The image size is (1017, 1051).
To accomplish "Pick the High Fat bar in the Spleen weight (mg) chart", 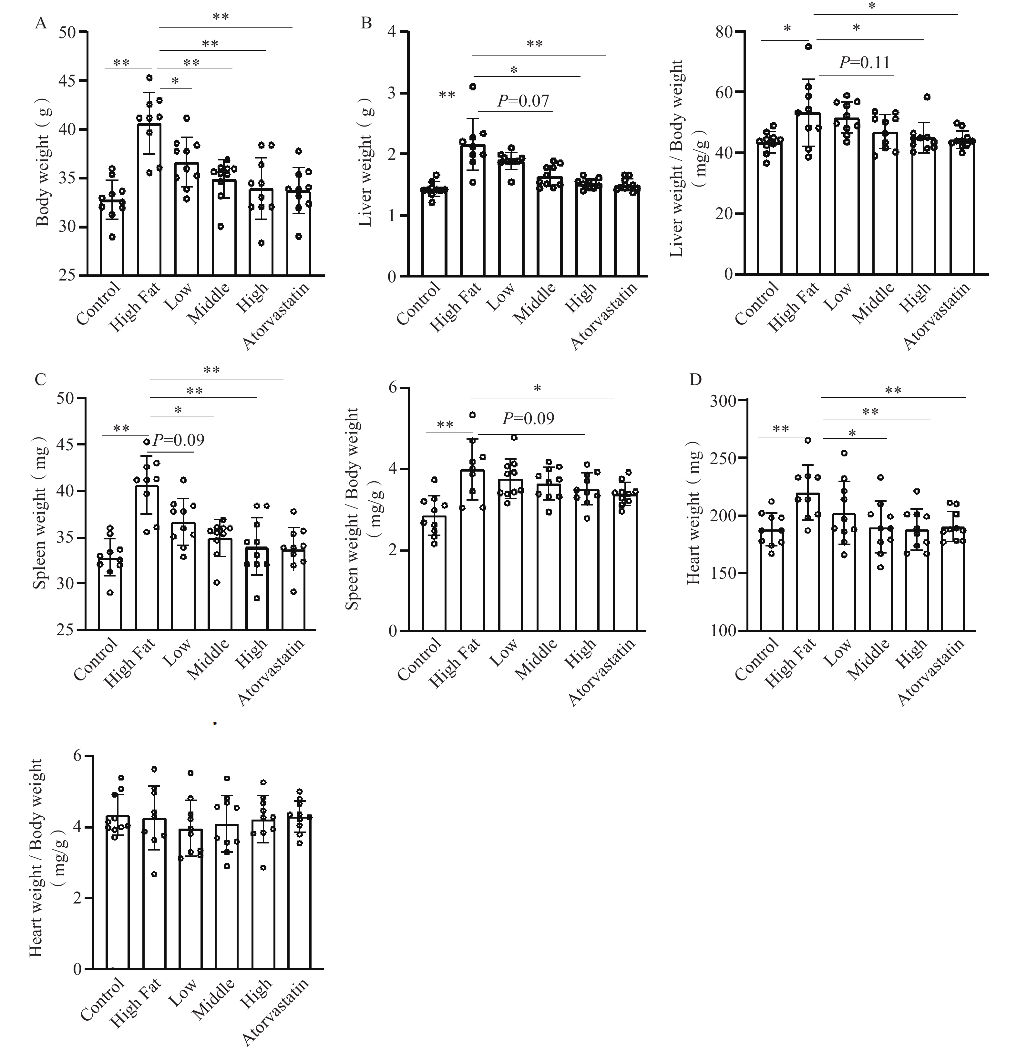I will coord(147,558).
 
